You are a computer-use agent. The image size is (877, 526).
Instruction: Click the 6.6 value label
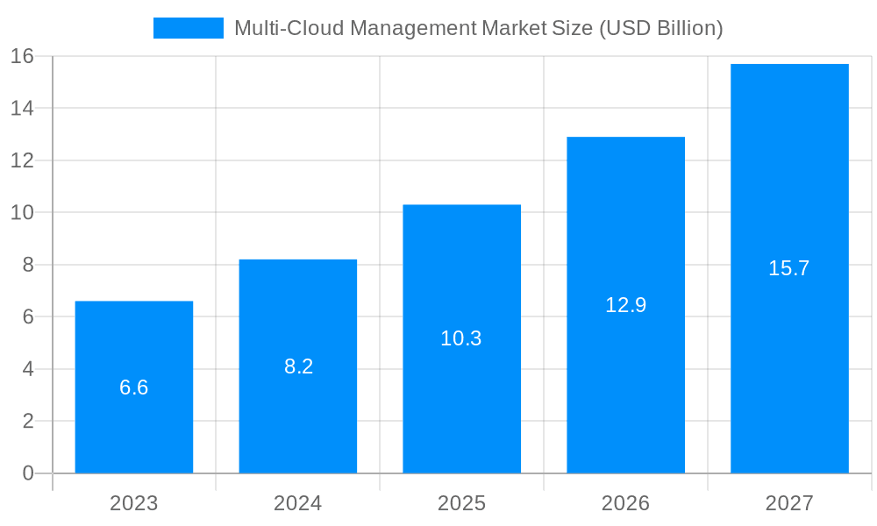[x=134, y=387]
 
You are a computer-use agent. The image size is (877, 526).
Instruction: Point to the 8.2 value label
[x=298, y=366]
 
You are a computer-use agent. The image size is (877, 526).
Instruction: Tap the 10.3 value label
[x=461, y=338]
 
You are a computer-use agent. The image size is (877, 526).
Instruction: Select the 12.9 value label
[x=625, y=305]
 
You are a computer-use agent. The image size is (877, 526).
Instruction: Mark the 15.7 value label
[x=789, y=268]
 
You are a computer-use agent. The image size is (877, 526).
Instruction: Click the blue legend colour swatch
[x=188, y=28]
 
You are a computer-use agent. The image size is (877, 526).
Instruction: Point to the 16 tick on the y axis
[x=22, y=56]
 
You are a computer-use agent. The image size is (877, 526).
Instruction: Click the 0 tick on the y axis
[x=27, y=473]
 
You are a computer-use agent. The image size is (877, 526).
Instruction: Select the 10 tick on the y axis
[x=22, y=212]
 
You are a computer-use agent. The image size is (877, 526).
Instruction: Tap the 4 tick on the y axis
[x=27, y=369]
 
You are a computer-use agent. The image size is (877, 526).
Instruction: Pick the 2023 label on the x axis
[x=134, y=503]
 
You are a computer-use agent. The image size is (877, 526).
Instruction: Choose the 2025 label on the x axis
[x=461, y=503]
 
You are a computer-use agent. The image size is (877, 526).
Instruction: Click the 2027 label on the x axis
[x=789, y=503]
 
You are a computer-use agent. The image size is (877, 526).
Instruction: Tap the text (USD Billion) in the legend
[x=660, y=28]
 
